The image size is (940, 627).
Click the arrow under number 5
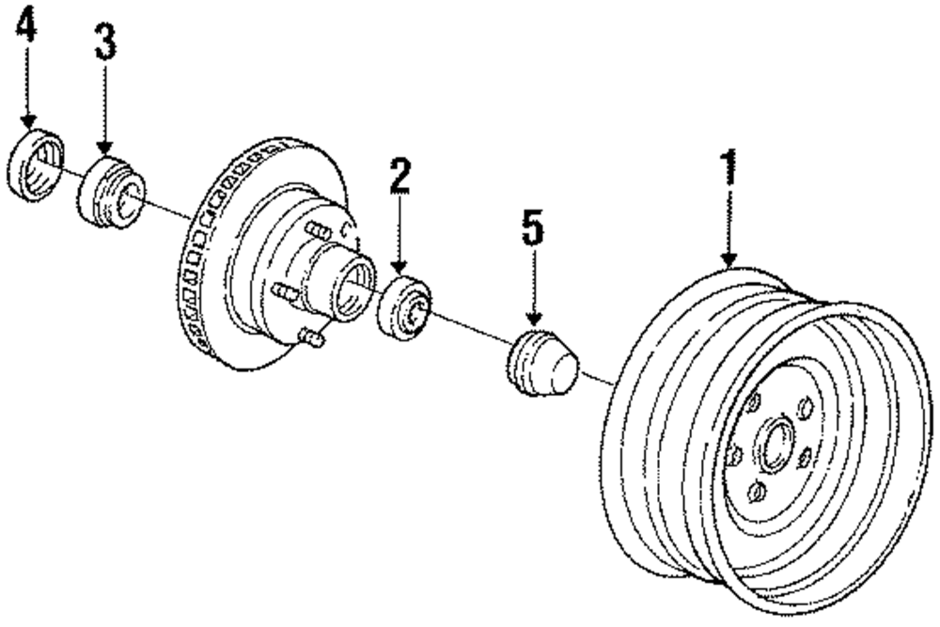(533, 290)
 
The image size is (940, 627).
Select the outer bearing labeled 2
(402, 306)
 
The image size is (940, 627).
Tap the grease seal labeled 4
(36, 166)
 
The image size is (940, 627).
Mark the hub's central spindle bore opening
(356, 279)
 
